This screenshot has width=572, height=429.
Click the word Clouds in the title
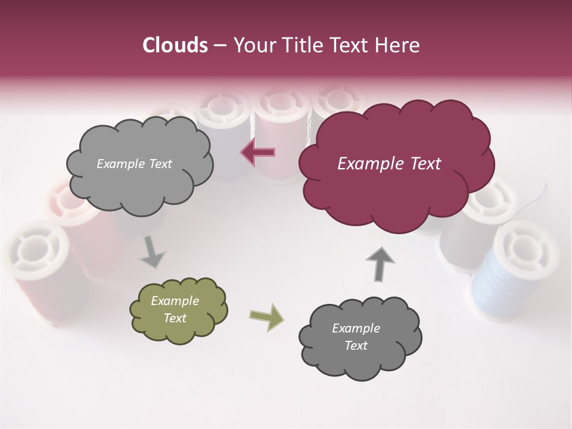pyautogui.click(x=175, y=45)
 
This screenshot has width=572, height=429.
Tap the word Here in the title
pyautogui.click(x=399, y=45)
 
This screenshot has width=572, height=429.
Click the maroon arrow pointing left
pyautogui.click(x=258, y=152)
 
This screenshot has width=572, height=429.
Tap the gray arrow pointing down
pyautogui.click(x=153, y=253)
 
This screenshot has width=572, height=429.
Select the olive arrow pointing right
pyautogui.click(x=267, y=316)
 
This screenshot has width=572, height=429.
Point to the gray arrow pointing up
pyautogui.click(x=380, y=263)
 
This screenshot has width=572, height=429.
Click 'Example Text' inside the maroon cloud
pyautogui.click(x=389, y=164)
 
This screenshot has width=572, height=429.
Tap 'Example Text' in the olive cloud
pyautogui.click(x=175, y=310)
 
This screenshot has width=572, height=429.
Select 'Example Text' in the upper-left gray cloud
pyautogui.click(x=134, y=164)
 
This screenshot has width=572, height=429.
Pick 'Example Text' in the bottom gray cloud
pyautogui.click(x=356, y=337)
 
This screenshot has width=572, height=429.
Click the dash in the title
pyautogui.click(x=219, y=45)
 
